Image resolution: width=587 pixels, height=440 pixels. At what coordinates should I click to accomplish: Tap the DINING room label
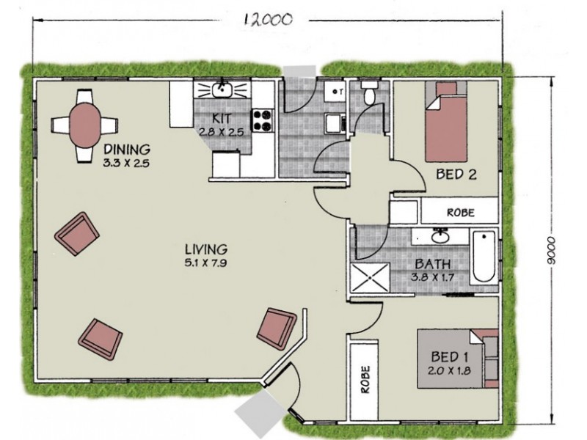pyautogui.click(x=126, y=149)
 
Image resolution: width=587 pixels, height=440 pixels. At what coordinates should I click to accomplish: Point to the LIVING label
pyautogui.click(x=206, y=248)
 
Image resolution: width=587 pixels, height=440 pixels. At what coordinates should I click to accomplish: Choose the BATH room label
pyautogui.click(x=433, y=264)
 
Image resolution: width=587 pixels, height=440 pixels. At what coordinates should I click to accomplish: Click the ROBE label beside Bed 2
pyautogui.click(x=461, y=213)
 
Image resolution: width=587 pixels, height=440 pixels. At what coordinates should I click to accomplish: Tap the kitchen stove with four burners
pyautogui.click(x=262, y=120)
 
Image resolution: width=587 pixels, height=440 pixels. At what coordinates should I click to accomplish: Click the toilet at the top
pyautogui.click(x=369, y=93)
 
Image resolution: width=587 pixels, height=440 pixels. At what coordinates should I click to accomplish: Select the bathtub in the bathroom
pyautogui.click(x=484, y=257)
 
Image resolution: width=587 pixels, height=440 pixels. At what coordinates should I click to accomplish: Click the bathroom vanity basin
pyautogui.click(x=440, y=236)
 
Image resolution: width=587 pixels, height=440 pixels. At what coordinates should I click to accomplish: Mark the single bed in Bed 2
pyautogui.click(x=446, y=122)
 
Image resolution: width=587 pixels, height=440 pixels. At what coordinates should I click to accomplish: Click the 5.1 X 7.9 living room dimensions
pyautogui.click(x=206, y=261)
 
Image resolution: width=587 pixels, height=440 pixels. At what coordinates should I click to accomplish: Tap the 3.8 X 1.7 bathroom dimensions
pyautogui.click(x=433, y=277)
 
